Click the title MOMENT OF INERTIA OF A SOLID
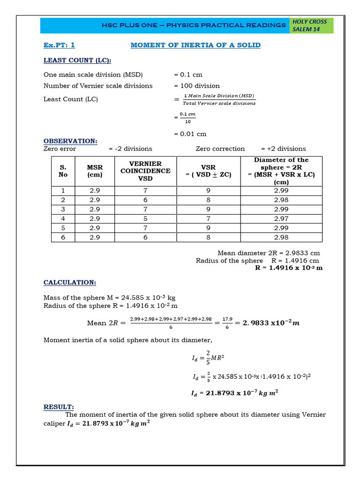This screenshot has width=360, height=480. pos(195,45)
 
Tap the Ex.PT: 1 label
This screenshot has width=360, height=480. pos(59,45)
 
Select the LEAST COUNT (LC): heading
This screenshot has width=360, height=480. pos(77,60)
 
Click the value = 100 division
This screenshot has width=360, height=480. pos(197,86)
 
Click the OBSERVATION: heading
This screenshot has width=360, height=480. pos(70,141)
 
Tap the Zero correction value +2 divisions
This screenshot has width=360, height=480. pos(284,149)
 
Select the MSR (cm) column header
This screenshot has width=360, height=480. pos(95,171)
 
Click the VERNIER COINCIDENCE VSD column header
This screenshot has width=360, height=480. pos(145,171)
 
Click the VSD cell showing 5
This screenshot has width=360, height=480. pos(145,218)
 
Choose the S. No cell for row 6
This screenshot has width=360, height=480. pos(63,238)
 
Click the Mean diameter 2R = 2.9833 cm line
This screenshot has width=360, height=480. pos(269,253)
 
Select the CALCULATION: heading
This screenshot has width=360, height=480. pos(70,283)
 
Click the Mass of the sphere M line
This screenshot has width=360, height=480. pos(110,298)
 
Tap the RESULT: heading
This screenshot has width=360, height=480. pos(59,407)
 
